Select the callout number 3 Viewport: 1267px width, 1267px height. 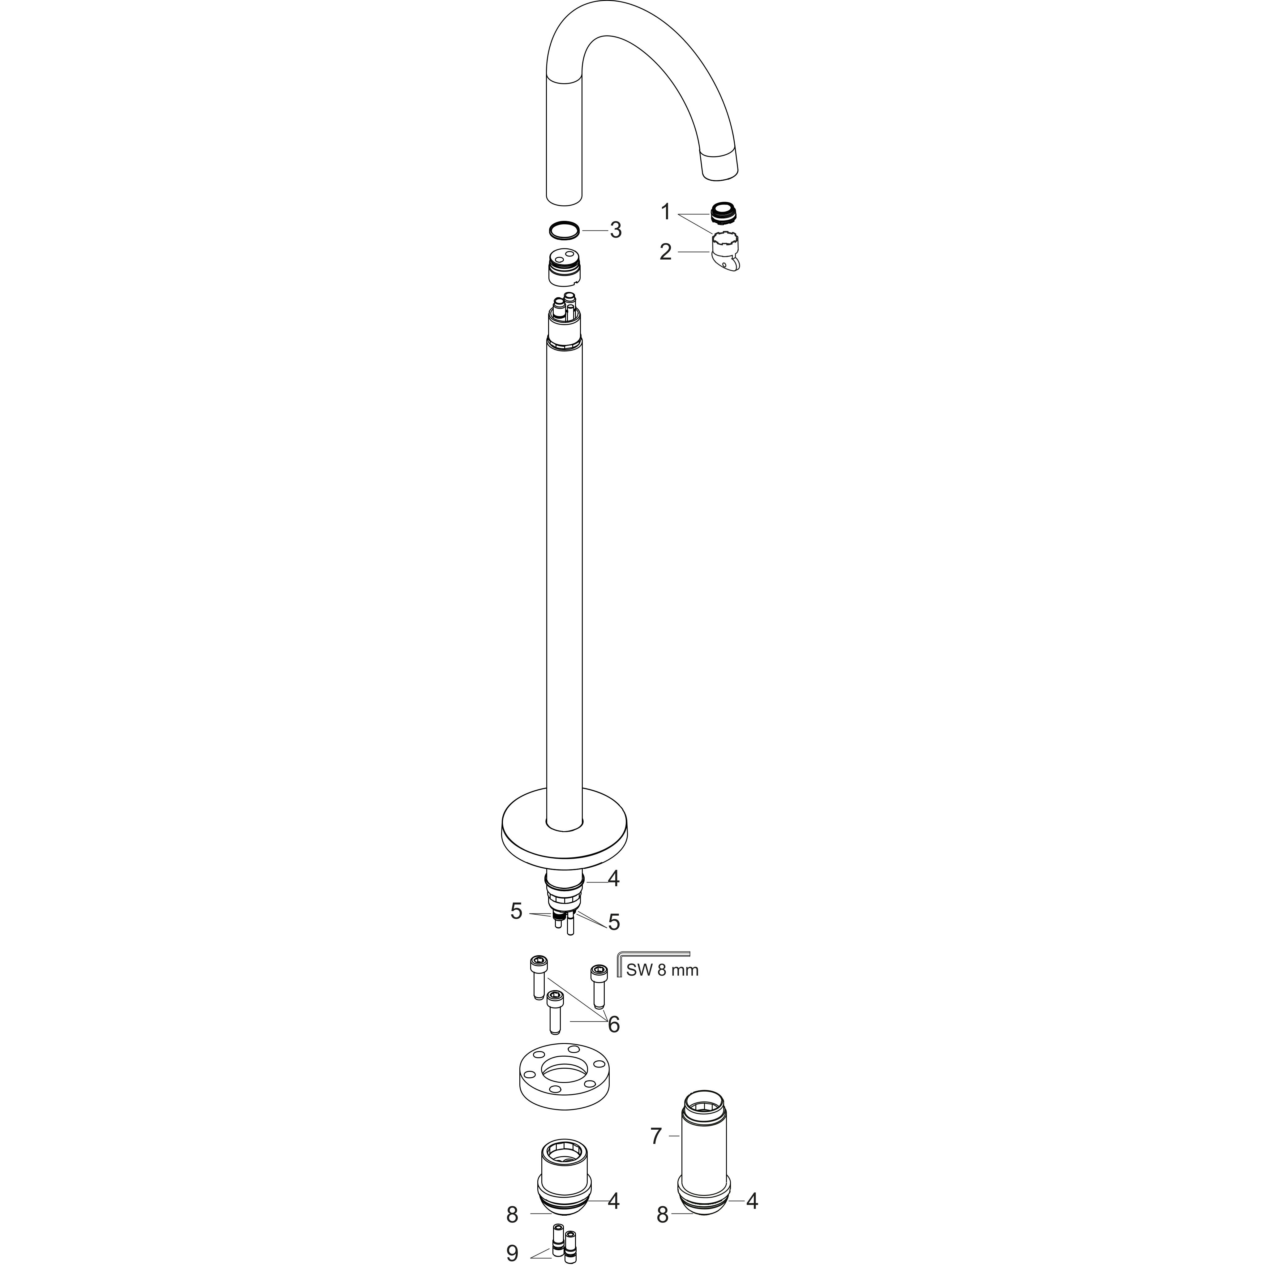click(615, 230)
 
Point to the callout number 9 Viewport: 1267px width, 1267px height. click(512, 1253)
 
